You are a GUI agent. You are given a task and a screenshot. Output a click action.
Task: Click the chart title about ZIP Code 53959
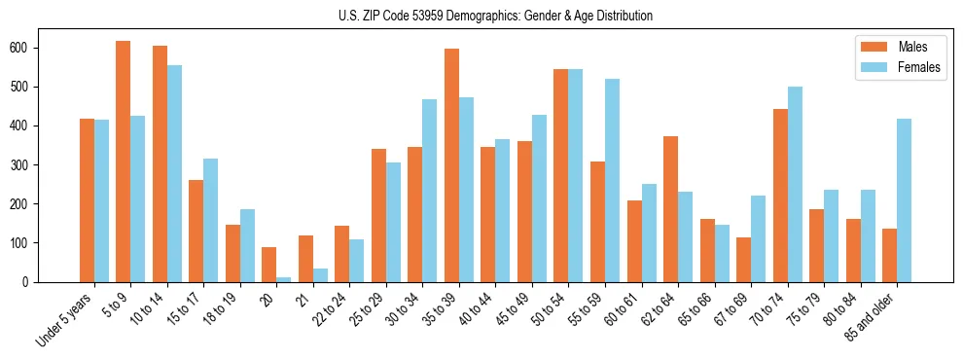coord(481,17)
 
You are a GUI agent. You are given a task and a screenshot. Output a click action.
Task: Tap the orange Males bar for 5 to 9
coord(123,162)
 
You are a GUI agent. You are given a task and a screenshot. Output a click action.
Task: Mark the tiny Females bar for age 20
coord(283,279)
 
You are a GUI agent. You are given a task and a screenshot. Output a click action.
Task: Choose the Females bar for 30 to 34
coord(430,191)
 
